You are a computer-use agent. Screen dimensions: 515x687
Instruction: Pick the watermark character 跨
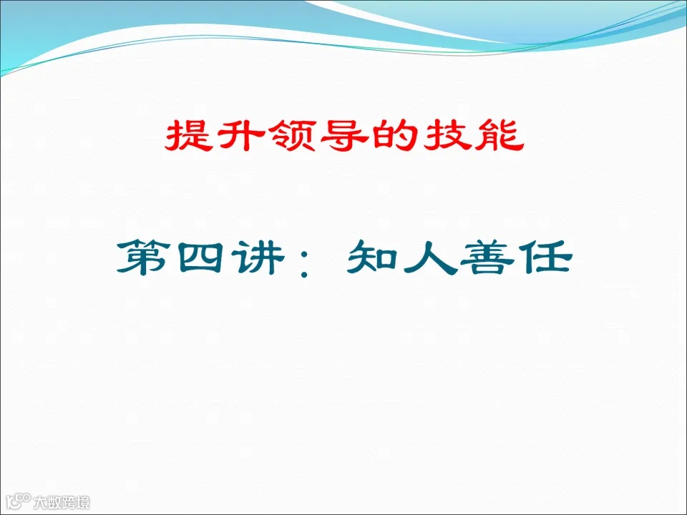69,503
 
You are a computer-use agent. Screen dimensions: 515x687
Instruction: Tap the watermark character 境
84,503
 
